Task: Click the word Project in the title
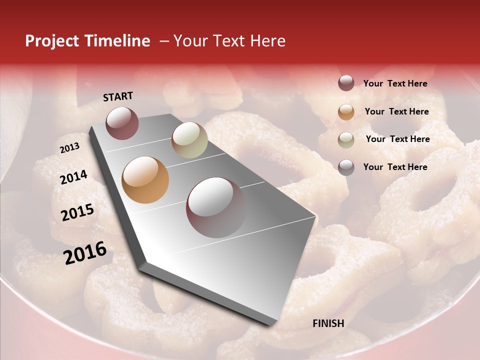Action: tap(52, 41)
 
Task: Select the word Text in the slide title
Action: tap(227, 41)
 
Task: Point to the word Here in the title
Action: tap(267, 41)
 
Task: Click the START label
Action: tap(118, 96)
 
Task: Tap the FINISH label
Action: tap(328, 323)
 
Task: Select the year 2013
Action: tap(69, 148)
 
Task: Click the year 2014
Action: tap(73, 177)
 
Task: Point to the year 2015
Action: tap(77, 212)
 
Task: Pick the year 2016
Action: tap(85, 252)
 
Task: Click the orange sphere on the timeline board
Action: tap(145, 179)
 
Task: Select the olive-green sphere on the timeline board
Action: tap(189, 140)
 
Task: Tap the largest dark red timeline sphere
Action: tap(216, 207)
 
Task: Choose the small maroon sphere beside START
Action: tap(122, 123)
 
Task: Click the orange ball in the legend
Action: tap(346, 112)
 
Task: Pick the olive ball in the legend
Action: tap(346, 140)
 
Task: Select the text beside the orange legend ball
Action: tap(396, 111)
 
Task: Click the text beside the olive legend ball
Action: tap(397, 139)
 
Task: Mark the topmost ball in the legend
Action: tap(346, 83)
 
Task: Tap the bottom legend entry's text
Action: tap(395, 167)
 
